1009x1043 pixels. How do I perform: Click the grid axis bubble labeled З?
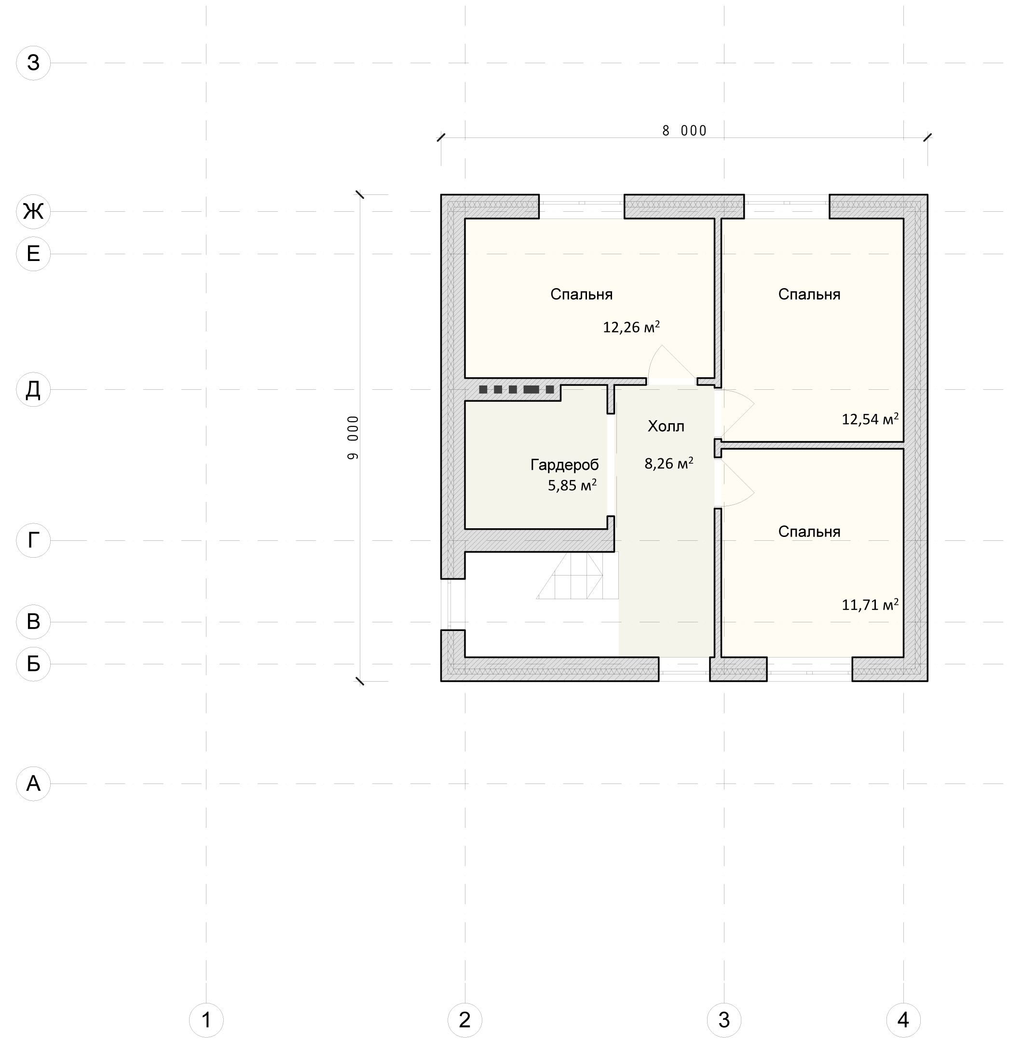[33, 63]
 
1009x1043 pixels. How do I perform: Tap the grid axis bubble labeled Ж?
[33, 211]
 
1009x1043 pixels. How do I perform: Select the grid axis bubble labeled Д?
[33, 389]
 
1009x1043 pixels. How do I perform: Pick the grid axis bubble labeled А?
[33, 783]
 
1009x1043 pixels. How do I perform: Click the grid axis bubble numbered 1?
[206, 1020]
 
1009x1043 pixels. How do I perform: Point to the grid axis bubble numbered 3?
[724, 1020]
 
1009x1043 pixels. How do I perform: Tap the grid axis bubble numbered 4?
[903, 1020]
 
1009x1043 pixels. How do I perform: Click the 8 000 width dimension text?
[684, 131]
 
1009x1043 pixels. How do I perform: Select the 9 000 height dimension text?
[353, 438]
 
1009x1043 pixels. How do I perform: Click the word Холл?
[666, 426]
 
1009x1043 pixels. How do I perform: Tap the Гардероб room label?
[564, 465]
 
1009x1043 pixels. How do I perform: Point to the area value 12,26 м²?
[631, 327]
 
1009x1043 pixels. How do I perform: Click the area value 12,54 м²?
[870, 419]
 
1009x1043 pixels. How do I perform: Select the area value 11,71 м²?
[870, 604]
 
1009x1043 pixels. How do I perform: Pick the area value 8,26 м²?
[669, 464]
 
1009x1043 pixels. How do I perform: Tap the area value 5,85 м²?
[573, 485]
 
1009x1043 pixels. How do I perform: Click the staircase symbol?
[578, 575]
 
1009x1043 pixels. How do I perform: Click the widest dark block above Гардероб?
[532, 389]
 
